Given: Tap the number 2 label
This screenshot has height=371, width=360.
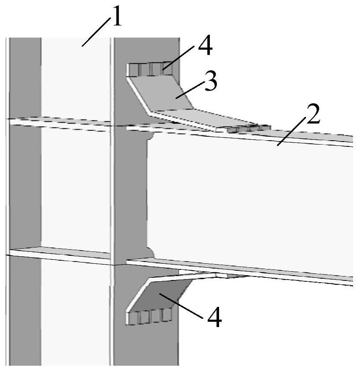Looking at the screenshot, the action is click(313, 115).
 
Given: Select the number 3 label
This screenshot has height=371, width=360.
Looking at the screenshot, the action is click(211, 82).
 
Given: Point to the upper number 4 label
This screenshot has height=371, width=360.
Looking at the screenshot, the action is click(205, 47).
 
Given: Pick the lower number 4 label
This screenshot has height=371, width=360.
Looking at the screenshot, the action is click(214, 317).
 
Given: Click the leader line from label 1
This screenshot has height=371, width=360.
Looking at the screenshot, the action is click(97, 32).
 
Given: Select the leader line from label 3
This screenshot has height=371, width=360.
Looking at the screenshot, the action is click(190, 90).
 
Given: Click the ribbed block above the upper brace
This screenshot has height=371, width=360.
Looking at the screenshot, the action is click(149, 69).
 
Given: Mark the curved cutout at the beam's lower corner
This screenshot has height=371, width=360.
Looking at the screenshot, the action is click(150, 252).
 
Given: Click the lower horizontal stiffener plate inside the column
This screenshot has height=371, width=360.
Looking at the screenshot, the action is click(59, 255).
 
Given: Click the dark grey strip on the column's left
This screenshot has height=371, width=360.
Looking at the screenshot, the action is click(25, 201).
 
